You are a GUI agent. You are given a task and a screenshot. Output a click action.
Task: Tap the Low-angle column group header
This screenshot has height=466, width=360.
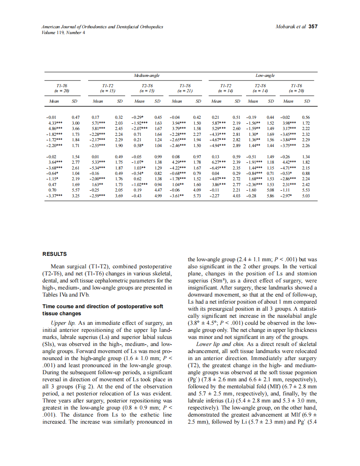(263, 76)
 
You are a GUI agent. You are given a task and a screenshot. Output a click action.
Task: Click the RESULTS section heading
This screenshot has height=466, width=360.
(54, 254)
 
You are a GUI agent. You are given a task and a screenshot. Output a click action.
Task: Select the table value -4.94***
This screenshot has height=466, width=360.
(219, 146)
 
